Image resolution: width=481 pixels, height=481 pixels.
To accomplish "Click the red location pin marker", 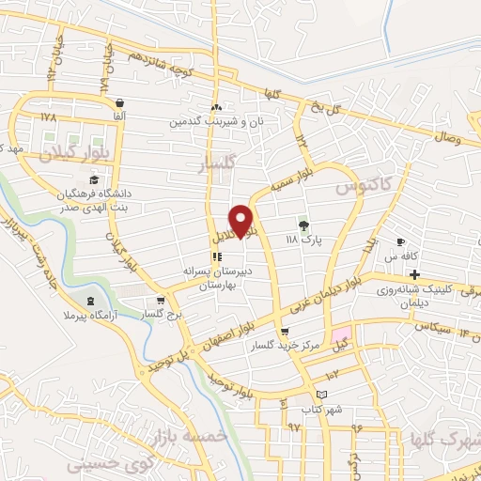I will pyautogui.click(x=241, y=221).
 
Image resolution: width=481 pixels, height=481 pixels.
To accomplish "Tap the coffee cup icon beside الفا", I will pyautogui.click(x=119, y=102).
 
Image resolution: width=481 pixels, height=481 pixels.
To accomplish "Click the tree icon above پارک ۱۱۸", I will pyautogui.click(x=303, y=225).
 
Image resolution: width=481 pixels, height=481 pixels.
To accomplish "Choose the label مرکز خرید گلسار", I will pyautogui.click(x=277, y=346).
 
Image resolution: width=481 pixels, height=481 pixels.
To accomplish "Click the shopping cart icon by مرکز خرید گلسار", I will pyautogui.click(x=286, y=332).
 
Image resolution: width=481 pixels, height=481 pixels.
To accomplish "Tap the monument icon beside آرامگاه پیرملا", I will pyautogui.click(x=90, y=301).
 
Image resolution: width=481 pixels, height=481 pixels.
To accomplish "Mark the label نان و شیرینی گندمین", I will pyautogui.click(x=211, y=122).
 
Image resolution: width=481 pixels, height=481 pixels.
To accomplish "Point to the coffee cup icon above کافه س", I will pyautogui.click(x=401, y=240).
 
